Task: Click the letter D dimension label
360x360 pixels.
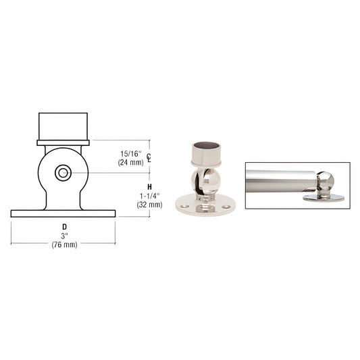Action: (64, 226)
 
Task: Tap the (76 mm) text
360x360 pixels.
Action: (64, 245)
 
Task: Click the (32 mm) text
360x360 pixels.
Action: (149, 204)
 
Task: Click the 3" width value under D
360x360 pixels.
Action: (64, 236)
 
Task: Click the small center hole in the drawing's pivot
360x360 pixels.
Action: (63, 174)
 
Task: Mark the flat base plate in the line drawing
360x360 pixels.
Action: (63, 213)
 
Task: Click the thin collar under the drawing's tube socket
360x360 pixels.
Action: (63, 143)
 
